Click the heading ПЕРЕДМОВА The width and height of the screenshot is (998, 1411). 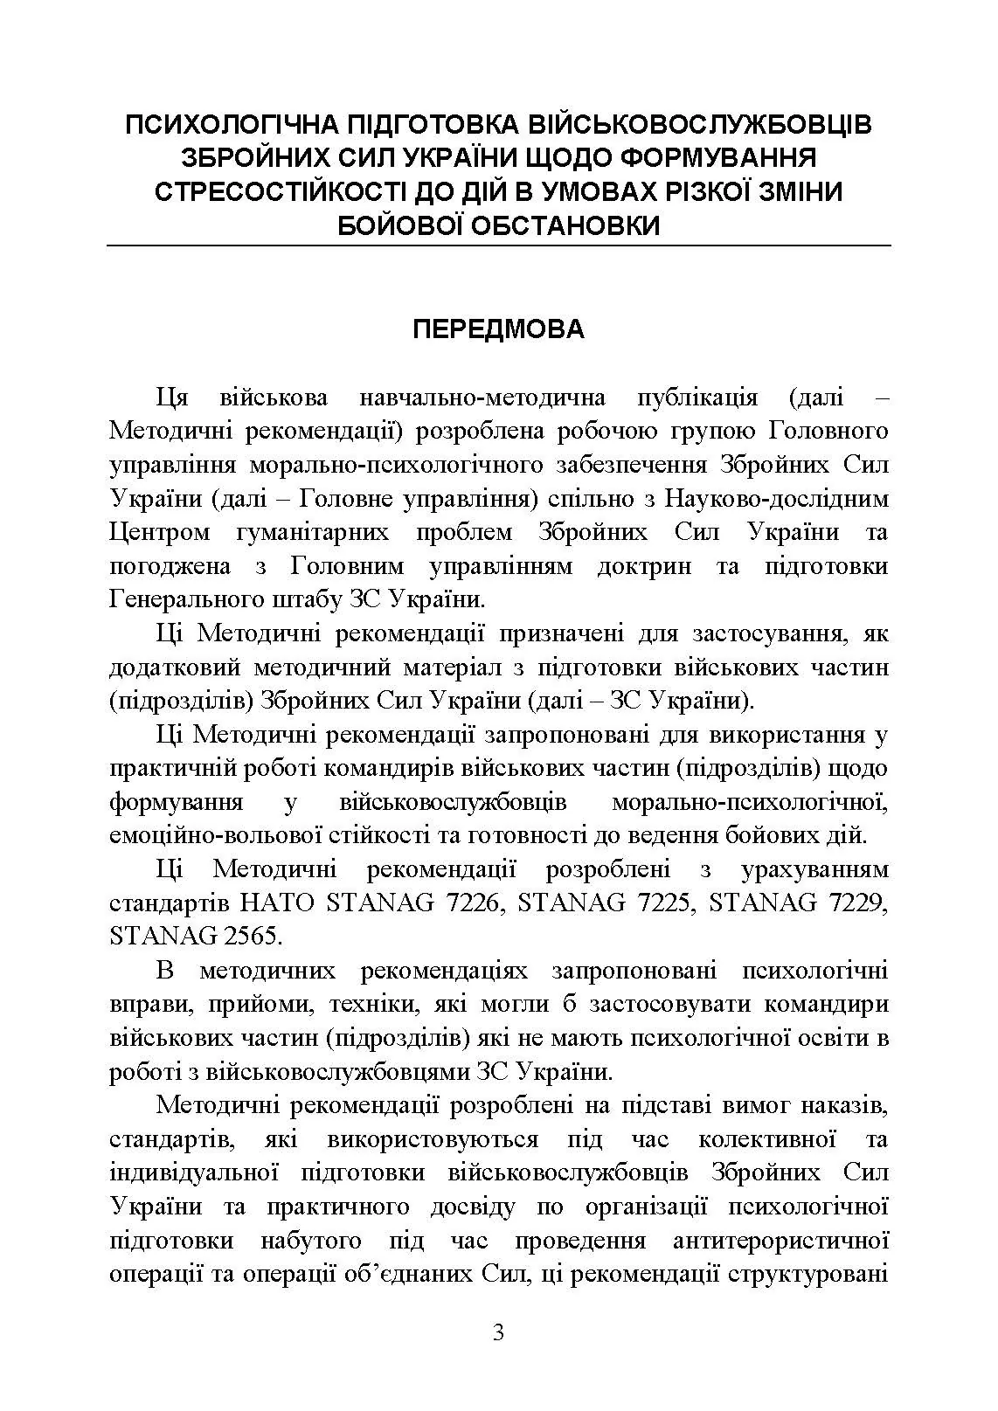click(498, 329)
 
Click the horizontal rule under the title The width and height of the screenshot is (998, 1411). click(498, 246)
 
